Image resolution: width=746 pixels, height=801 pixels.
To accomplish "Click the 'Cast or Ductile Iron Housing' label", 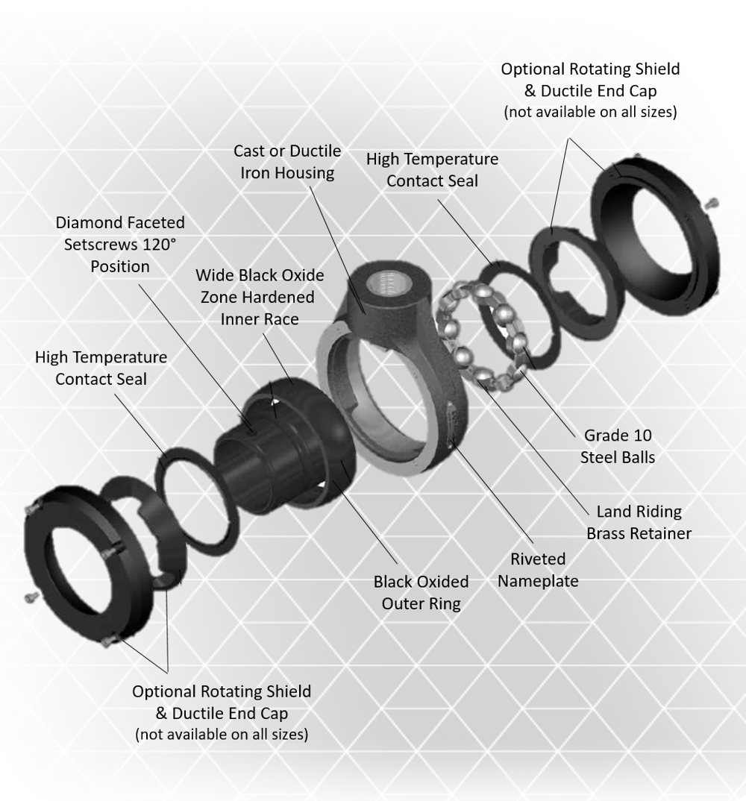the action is [287, 162].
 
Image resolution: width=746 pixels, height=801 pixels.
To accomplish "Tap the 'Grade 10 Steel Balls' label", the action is [617, 446].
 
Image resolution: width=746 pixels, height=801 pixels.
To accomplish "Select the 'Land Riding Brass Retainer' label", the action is [639, 522].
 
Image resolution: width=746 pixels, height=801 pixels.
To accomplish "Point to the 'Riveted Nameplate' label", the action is [538, 570].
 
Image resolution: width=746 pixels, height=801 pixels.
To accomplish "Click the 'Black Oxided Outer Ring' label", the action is [421, 593].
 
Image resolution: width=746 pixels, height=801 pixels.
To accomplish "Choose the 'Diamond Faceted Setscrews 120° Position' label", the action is [120, 244].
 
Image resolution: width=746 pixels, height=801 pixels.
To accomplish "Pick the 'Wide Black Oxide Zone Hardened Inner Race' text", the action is [260, 297].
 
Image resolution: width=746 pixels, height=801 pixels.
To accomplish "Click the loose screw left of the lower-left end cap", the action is [31, 597].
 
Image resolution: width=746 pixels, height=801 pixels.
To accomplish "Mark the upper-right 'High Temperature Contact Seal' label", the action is [432, 169].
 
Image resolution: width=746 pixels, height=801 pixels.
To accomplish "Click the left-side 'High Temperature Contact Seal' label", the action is [101, 368].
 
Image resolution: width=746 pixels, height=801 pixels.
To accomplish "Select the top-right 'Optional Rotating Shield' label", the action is [590, 69].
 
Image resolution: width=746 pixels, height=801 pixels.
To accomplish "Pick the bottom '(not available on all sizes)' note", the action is [222, 735].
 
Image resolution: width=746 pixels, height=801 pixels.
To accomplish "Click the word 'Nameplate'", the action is [538, 581].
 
